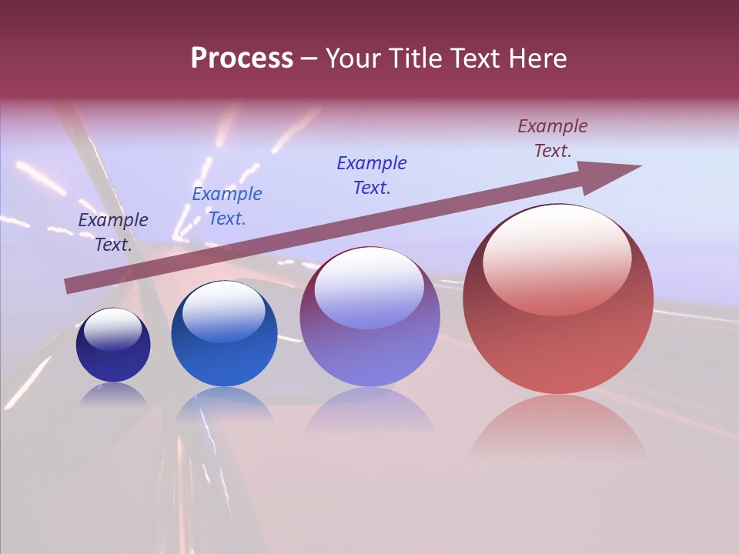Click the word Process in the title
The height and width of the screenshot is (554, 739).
coord(242,58)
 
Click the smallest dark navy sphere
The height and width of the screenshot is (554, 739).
coord(113,345)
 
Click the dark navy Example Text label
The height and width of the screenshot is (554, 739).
coord(113,232)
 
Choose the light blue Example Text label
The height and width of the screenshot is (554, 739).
coord(227,206)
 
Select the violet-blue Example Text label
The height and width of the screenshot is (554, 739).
coord(372,175)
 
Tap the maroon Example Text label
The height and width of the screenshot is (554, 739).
coord(553,138)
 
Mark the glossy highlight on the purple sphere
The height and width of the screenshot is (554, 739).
coord(369,287)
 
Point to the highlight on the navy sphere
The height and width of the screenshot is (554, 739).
coord(112,330)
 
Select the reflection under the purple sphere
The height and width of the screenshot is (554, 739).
coord(369,408)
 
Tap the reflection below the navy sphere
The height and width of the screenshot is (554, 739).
coord(113,395)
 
